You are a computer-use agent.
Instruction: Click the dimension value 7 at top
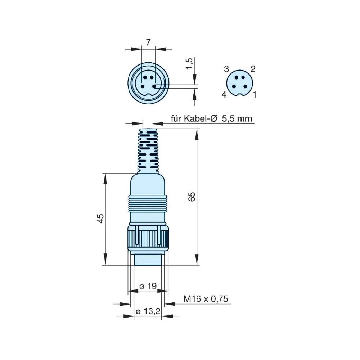(148, 42)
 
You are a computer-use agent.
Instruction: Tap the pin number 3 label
(226, 69)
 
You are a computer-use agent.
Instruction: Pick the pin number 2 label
(253, 69)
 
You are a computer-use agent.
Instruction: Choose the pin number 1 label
(255, 95)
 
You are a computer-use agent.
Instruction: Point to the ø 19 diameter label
(148, 286)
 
